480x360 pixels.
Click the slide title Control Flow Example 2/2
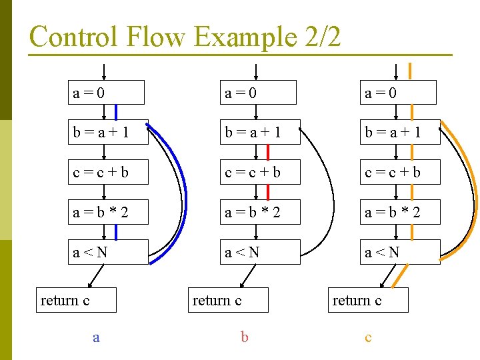(x=185, y=37)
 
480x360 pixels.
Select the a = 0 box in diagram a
(x=106, y=93)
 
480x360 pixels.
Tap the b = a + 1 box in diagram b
(x=260, y=133)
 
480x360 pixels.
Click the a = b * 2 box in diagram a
(x=108, y=213)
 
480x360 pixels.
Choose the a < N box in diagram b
(x=260, y=253)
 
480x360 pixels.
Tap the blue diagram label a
(x=97, y=337)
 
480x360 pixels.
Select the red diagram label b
(x=245, y=337)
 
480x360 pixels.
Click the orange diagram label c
(x=368, y=337)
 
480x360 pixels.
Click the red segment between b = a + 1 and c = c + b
(x=268, y=153)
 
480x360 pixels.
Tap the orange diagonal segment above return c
(x=401, y=276)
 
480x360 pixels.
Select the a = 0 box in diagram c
(x=399, y=93)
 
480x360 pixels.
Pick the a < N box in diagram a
(x=108, y=253)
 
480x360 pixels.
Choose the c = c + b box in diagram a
(x=108, y=173)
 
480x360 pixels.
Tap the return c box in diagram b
(x=230, y=301)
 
